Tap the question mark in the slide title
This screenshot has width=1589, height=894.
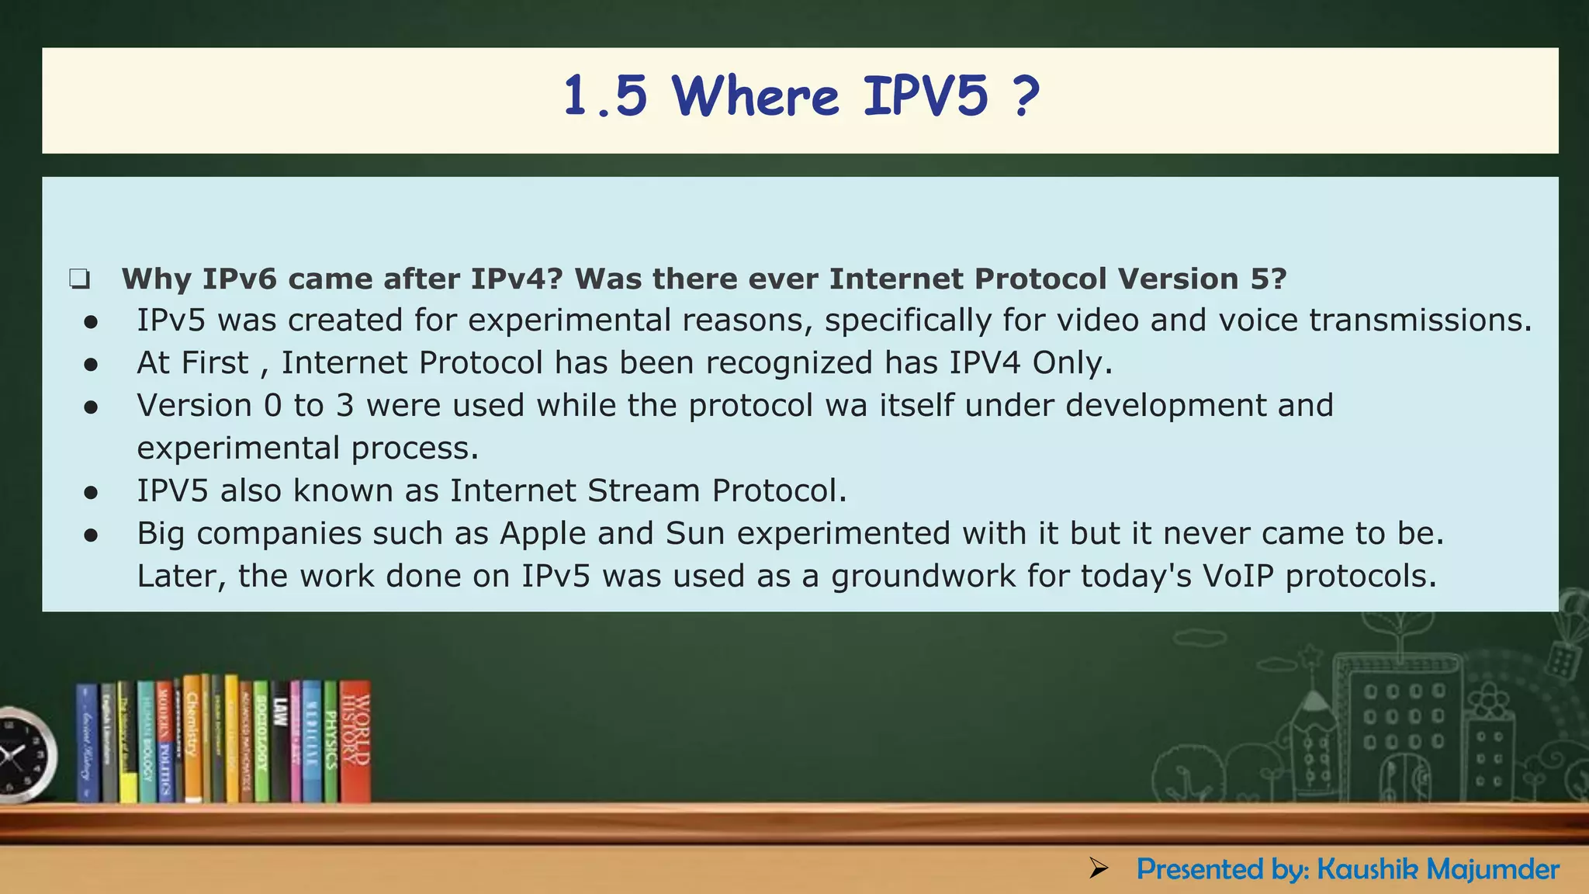coord(1025,97)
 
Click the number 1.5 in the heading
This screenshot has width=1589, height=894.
coord(605,97)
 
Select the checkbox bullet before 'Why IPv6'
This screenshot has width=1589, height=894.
coord(79,279)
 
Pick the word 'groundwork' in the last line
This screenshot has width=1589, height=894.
coord(923,577)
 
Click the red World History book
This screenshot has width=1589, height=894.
coord(356,741)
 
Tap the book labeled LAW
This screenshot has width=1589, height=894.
coord(280,741)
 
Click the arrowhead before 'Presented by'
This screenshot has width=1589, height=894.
coord(1099,868)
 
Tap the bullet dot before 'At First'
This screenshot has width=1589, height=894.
coord(92,364)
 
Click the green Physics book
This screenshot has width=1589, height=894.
coord(331,741)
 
